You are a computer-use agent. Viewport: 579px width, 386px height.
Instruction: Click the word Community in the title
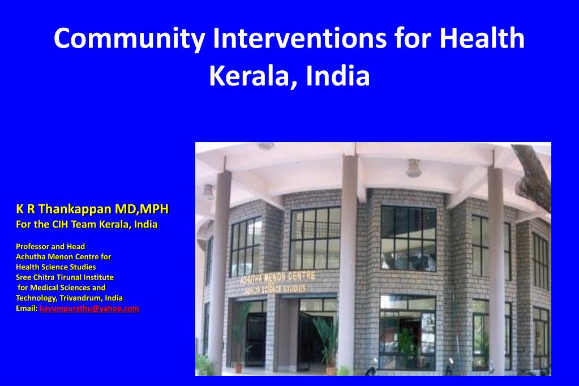129,39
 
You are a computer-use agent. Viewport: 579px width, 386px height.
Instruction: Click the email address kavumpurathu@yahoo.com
89,308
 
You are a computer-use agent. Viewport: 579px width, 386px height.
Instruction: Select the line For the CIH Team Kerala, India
87,225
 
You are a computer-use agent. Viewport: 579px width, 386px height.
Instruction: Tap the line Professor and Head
50,246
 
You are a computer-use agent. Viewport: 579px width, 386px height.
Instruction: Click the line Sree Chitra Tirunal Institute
65,277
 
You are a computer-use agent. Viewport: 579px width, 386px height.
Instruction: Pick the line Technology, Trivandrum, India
69,298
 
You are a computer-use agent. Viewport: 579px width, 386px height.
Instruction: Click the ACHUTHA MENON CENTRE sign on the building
277,278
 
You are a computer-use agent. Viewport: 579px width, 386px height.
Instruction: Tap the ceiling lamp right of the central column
414,168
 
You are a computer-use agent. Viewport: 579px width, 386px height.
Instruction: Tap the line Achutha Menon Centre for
63,256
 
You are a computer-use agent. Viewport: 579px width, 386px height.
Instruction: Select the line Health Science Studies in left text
56,267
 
